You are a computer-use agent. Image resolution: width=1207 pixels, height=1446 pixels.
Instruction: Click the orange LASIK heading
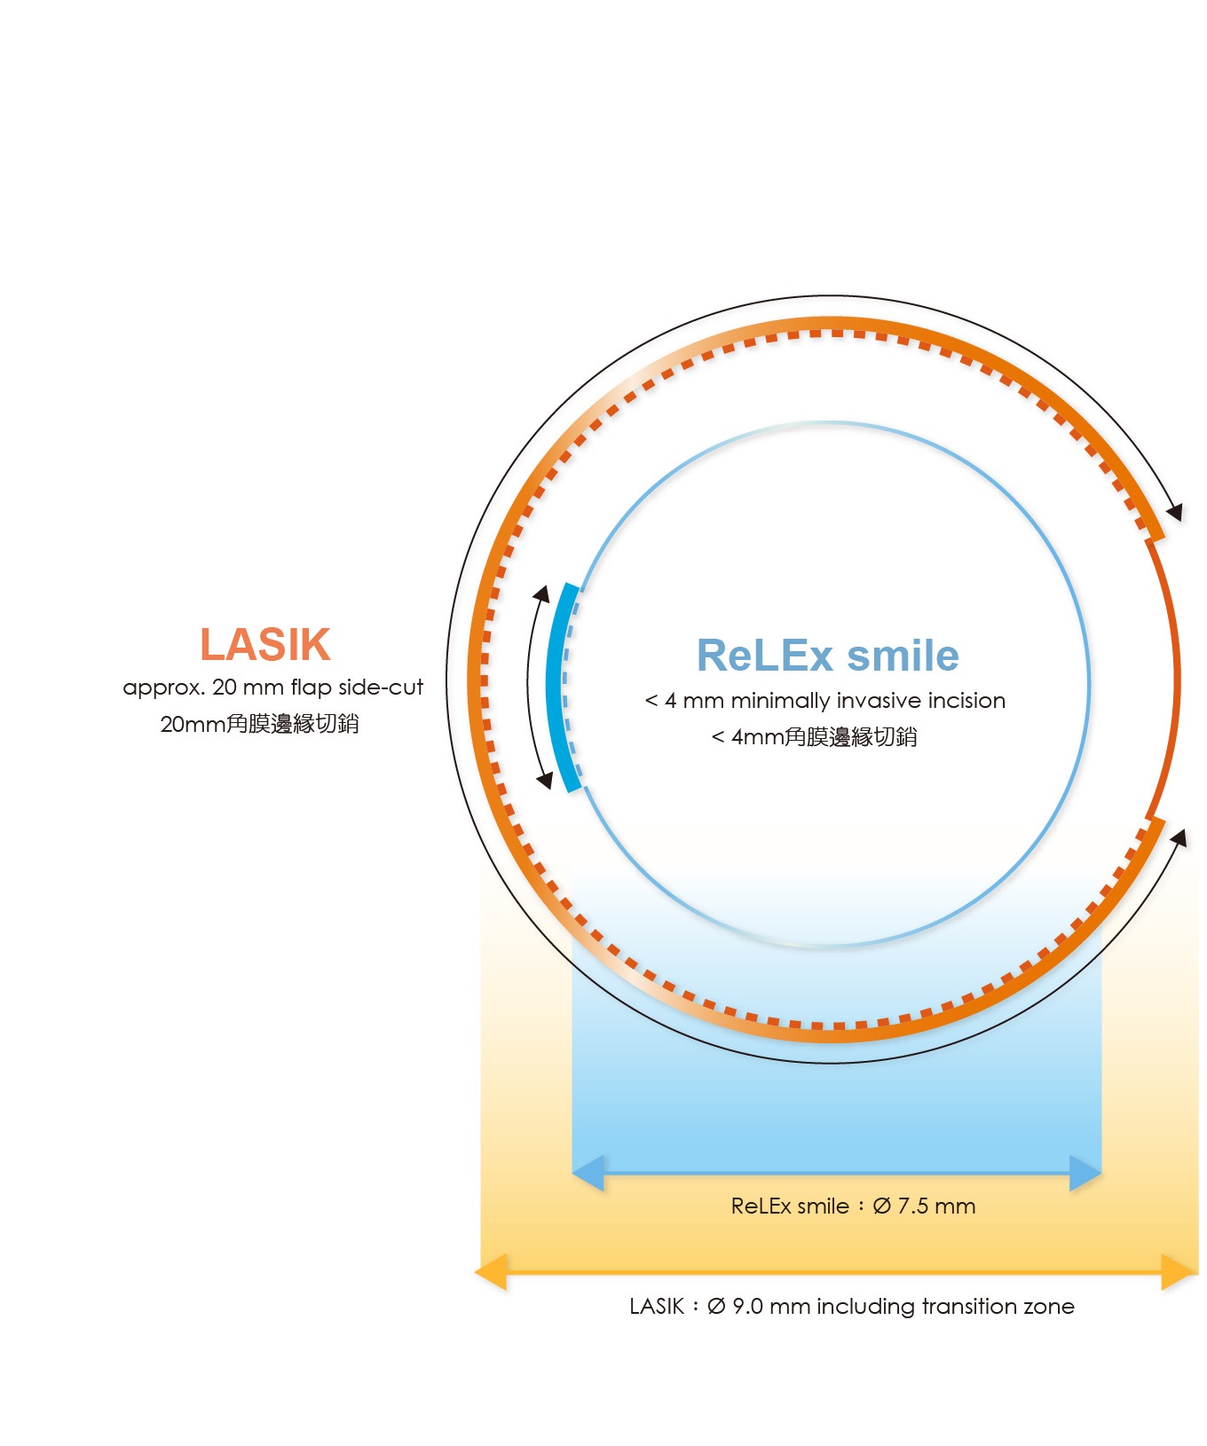click(265, 644)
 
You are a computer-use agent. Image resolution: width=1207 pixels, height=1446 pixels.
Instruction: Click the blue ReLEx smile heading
click(827, 656)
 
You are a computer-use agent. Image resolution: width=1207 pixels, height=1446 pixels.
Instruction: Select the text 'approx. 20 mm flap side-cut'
click(273, 688)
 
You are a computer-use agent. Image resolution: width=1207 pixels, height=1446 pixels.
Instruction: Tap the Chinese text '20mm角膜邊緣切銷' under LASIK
click(260, 724)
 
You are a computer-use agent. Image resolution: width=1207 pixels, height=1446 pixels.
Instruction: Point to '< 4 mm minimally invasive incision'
click(825, 701)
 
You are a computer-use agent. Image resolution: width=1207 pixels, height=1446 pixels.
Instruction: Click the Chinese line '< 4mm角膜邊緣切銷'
click(815, 736)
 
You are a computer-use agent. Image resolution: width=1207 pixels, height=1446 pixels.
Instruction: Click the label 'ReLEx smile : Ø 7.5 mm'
click(853, 1206)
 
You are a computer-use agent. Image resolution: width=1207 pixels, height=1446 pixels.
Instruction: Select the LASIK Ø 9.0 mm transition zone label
click(852, 1306)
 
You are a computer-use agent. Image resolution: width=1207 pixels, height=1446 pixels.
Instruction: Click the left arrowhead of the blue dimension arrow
click(588, 1174)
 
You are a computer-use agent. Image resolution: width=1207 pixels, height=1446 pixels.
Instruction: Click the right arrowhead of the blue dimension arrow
click(1085, 1174)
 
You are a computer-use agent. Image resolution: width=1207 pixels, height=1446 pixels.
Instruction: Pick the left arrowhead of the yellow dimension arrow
click(491, 1272)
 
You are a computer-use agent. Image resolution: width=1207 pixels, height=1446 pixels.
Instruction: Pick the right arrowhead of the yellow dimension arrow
click(1179, 1272)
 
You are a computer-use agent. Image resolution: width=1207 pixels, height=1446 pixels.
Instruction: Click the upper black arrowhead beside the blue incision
click(540, 593)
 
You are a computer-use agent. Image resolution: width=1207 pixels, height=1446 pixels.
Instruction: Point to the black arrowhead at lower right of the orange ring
click(1179, 838)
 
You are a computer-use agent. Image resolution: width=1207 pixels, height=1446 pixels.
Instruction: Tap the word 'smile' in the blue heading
click(903, 656)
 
